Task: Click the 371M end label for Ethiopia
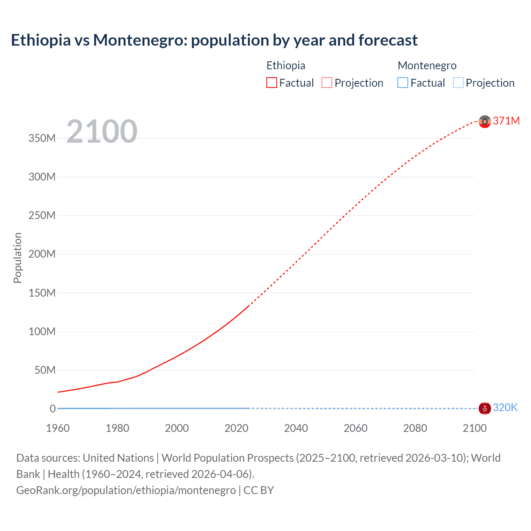pyautogui.click(x=506, y=121)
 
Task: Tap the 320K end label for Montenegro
pyautogui.click(x=505, y=407)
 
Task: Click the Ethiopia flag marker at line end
pyautogui.click(x=485, y=122)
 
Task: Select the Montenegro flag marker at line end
pyautogui.click(x=485, y=408)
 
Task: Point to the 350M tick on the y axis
pyautogui.click(x=42, y=138)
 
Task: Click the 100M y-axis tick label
pyautogui.click(x=42, y=331)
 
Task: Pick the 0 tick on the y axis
pyautogui.click(x=53, y=409)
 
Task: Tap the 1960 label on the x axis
pyautogui.click(x=58, y=428)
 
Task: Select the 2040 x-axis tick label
pyautogui.click(x=296, y=428)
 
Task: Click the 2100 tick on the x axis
pyautogui.click(x=475, y=428)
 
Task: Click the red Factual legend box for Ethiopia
pyautogui.click(x=272, y=83)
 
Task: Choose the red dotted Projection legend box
pyautogui.click(x=327, y=83)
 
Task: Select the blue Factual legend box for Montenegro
pyautogui.click(x=403, y=83)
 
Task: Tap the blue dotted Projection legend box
pyautogui.click(x=458, y=83)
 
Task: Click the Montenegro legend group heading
pyautogui.click(x=427, y=66)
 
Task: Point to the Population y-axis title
pyautogui.click(x=17, y=258)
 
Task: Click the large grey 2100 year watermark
pyautogui.click(x=102, y=132)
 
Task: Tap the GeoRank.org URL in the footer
pyautogui.click(x=126, y=490)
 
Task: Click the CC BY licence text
pyautogui.click(x=258, y=490)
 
